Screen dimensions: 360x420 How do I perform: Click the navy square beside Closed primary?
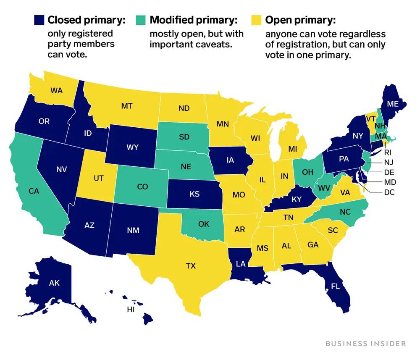coord(39,20)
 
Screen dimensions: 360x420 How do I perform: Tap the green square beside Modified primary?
coord(142,20)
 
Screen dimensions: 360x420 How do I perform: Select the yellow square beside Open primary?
coord(256,20)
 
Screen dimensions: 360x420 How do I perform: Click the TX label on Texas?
coord(191,265)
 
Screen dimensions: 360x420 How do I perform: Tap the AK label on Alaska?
coord(54,283)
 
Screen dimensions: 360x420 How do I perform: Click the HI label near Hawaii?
coord(131,310)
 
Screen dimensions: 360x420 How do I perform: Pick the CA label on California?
coord(34,191)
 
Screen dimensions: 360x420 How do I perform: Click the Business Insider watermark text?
coord(365,343)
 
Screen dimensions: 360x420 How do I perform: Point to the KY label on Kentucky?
coord(297,200)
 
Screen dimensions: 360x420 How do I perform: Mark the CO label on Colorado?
coord(142,187)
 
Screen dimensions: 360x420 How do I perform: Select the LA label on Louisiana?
coord(240,263)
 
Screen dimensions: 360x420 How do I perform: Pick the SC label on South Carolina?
coord(333,230)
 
